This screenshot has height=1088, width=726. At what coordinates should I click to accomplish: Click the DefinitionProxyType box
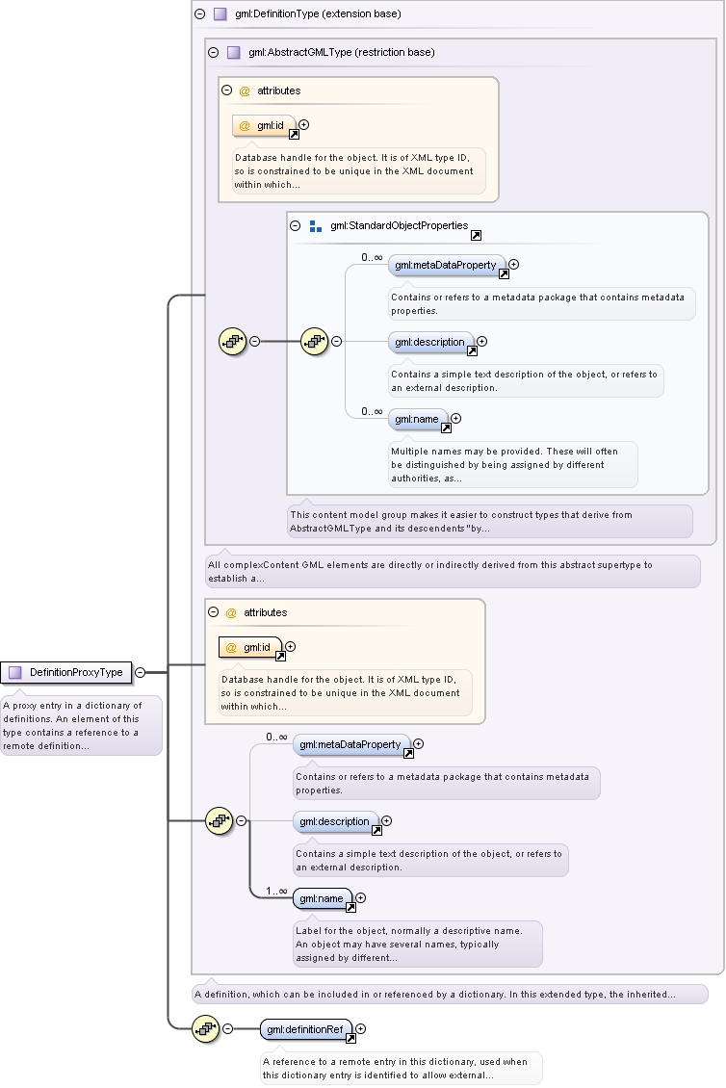click(x=65, y=672)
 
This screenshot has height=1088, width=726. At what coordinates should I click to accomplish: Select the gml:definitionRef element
click(x=306, y=1029)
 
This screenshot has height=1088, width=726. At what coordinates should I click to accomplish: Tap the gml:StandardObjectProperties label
click(x=399, y=225)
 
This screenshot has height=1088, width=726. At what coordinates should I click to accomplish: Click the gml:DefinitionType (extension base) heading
click(x=318, y=13)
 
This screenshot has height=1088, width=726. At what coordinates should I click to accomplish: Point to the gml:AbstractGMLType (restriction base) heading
click(x=342, y=52)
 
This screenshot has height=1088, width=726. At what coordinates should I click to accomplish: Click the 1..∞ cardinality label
click(x=276, y=891)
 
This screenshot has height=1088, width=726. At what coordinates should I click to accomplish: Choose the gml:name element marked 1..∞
click(x=323, y=898)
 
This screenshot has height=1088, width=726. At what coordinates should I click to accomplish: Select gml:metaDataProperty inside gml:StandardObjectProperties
click(x=447, y=265)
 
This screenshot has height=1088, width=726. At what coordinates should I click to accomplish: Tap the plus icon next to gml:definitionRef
click(x=360, y=1029)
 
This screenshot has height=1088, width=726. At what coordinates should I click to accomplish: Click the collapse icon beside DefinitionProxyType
click(x=141, y=672)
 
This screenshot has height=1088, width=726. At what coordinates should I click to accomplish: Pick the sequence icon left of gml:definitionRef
click(x=205, y=1029)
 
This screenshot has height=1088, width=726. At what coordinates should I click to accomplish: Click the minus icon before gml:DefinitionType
click(x=200, y=13)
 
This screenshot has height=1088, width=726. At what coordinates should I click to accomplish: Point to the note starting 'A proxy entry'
click(x=81, y=725)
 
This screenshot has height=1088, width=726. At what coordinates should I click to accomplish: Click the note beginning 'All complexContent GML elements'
click(x=453, y=571)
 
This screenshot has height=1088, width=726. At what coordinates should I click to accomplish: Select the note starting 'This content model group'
click(x=490, y=521)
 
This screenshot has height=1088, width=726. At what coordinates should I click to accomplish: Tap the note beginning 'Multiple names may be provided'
click(x=513, y=464)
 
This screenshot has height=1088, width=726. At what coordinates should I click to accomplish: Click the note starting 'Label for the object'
click(x=418, y=944)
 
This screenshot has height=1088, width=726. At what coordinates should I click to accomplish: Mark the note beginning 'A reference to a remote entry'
click(x=402, y=1068)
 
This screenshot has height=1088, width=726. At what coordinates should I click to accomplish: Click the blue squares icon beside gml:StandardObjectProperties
click(x=316, y=226)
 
